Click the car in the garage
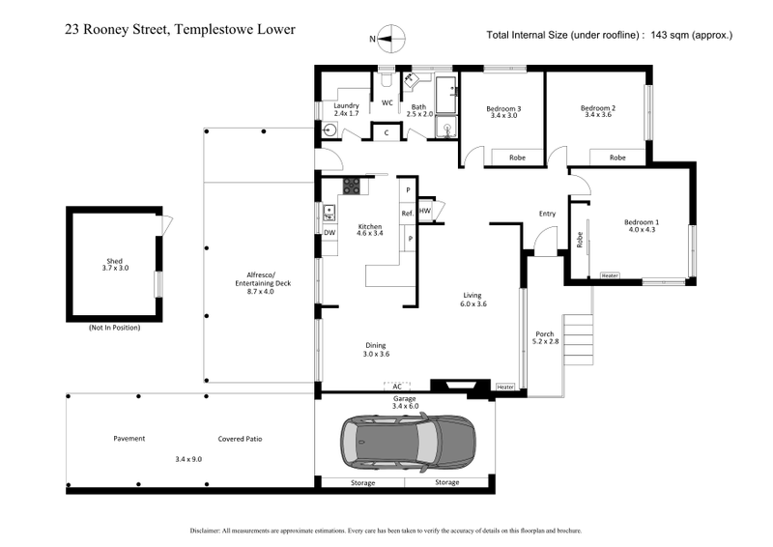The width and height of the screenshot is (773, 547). coord(407,441)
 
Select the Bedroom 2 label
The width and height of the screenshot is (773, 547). coord(598,108)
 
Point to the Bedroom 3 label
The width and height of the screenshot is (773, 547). coord(503,108)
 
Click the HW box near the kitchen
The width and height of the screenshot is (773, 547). coord(425,211)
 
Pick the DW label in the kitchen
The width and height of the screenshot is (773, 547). coord(329,233)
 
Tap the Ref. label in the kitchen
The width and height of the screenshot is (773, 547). coord(408,213)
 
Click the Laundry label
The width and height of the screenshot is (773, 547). coord(346,105)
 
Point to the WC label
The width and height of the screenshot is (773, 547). coord(387,101)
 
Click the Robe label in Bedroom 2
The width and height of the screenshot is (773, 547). coord(616,157)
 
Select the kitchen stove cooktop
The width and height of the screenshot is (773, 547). coord(352,185)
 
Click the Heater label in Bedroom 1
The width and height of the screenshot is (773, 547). coord(610,275)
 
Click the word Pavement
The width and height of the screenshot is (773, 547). coord(129,438)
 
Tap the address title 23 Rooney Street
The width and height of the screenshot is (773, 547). coord(179,30)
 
